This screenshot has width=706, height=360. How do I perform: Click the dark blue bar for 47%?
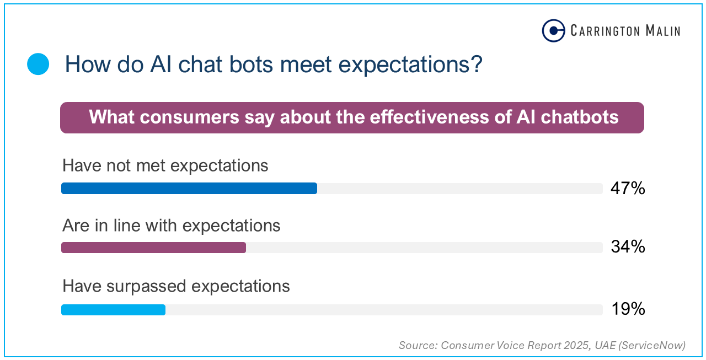(x=189, y=189)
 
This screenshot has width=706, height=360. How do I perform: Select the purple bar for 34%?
(x=153, y=248)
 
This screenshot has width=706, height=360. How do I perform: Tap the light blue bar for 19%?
(x=113, y=310)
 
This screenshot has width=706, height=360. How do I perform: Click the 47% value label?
(x=628, y=189)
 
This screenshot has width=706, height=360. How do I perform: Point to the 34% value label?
(x=628, y=247)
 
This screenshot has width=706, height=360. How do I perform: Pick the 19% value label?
(x=628, y=309)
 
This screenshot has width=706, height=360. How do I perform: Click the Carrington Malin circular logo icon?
(x=553, y=31)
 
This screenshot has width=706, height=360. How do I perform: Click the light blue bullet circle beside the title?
(x=38, y=65)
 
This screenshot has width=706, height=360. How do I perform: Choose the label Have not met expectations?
(x=165, y=165)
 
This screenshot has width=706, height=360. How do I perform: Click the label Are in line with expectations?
(x=172, y=225)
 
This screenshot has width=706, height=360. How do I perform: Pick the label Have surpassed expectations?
(x=176, y=286)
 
